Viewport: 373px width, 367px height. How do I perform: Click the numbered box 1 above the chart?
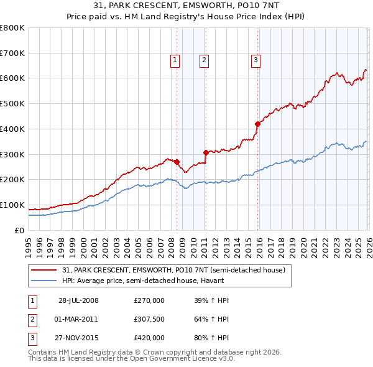click(x=175, y=60)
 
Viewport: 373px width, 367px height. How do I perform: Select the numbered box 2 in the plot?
click(x=204, y=60)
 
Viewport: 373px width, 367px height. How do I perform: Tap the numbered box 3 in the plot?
click(x=256, y=60)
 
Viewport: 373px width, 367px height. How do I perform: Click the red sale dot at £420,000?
click(x=257, y=124)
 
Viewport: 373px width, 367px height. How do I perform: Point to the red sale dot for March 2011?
click(x=206, y=152)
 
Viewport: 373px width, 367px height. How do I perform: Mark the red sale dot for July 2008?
click(x=177, y=162)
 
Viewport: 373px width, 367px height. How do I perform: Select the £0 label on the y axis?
click(x=20, y=231)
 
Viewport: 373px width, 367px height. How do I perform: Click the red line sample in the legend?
click(x=44, y=271)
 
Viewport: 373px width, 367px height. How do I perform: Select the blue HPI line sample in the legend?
click(x=44, y=281)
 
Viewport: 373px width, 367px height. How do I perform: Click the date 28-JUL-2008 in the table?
click(x=78, y=300)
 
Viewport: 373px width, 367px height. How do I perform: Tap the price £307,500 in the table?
click(x=149, y=319)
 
